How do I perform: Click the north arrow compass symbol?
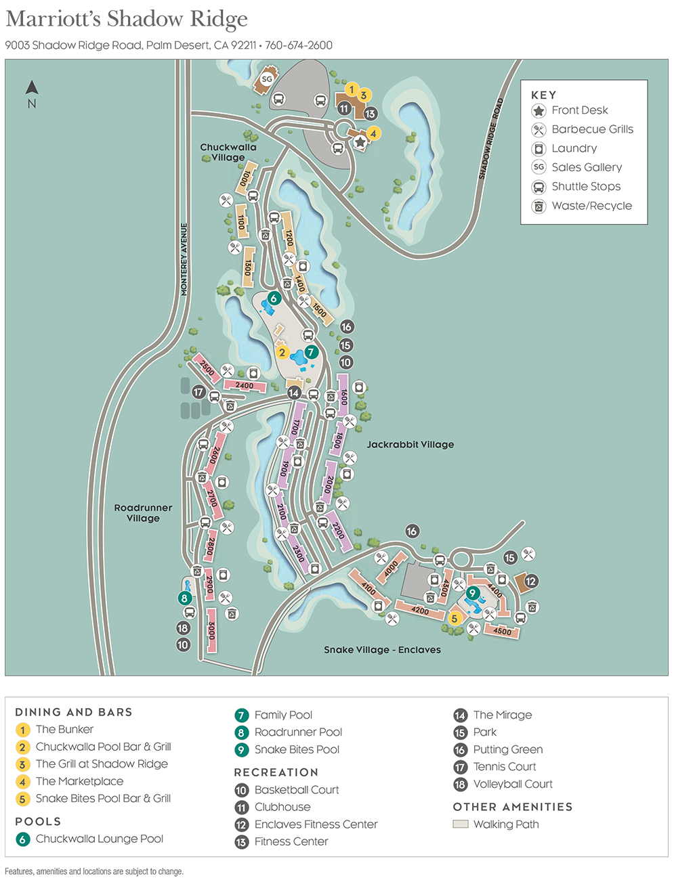[x=32, y=88]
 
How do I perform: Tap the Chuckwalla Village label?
[x=228, y=152]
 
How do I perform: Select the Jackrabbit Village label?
[x=410, y=445]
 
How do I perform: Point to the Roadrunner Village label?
[x=143, y=513]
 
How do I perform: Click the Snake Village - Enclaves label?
[x=382, y=650]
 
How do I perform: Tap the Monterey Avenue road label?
[x=184, y=259]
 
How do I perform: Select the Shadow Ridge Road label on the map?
[x=491, y=139]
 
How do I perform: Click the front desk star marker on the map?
[x=360, y=142]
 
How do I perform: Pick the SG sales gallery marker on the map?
[x=267, y=79]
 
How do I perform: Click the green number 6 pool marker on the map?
[x=274, y=299]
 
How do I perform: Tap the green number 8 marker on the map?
[x=184, y=598]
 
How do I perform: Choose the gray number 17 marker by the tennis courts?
[x=198, y=392]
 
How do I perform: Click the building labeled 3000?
[x=211, y=632]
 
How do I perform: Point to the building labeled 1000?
[x=246, y=178]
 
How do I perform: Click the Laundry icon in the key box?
[x=539, y=149]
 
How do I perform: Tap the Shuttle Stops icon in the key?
[x=539, y=187]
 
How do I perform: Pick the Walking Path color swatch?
[x=461, y=824]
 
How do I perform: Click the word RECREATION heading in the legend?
[x=276, y=772]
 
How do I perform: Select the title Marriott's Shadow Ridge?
[x=127, y=19]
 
